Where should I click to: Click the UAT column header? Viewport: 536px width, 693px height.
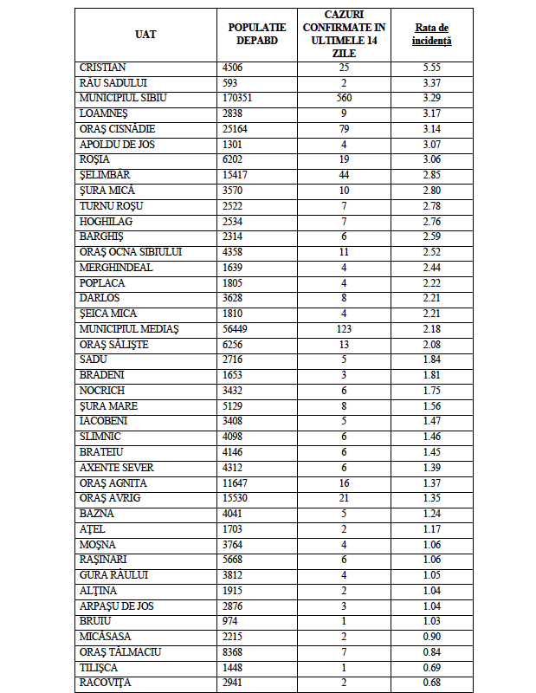pyautogui.click(x=146, y=34)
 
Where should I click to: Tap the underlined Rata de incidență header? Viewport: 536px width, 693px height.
pyautogui.click(x=431, y=34)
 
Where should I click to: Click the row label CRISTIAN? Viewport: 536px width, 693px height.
pyautogui.click(x=103, y=67)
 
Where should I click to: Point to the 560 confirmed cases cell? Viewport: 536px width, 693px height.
pyautogui.click(x=343, y=98)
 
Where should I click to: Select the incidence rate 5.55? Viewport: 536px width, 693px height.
pyautogui.click(x=431, y=67)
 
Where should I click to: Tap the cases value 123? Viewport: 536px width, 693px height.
pyautogui.click(x=343, y=328)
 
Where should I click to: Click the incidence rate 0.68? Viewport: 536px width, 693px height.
pyautogui.click(x=431, y=682)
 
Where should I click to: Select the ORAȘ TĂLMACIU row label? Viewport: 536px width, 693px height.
pyautogui.click(x=119, y=651)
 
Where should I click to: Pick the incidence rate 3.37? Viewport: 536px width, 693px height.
pyautogui.click(x=431, y=82)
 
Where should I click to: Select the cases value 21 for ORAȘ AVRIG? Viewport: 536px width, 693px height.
pyautogui.click(x=343, y=497)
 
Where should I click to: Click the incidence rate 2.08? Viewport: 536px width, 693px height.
pyautogui.click(x=431, y=344)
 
